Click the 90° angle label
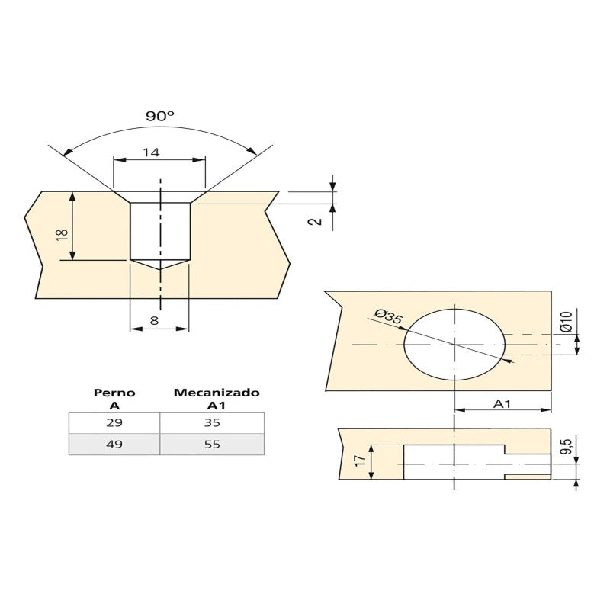tap(160, 116)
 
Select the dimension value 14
tap(151, 152)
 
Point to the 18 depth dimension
tap(62, 235)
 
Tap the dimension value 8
tap(154, 320)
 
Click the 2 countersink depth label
tap(316, 221)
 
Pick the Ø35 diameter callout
tap(387, 316)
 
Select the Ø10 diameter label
tap(566, 321)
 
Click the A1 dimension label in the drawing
tap(502, 404)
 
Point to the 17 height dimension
tap(360, 461)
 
